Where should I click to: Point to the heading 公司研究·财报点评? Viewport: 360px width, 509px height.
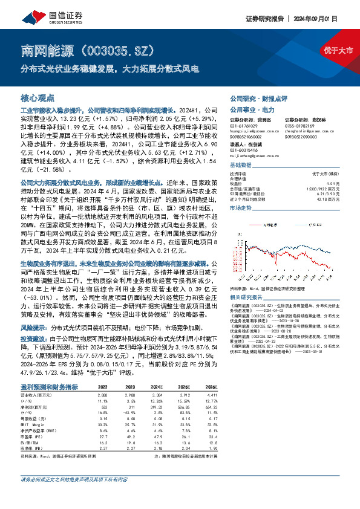click(x=258, y=98)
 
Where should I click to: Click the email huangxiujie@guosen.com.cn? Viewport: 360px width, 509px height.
click(x=254, y=130)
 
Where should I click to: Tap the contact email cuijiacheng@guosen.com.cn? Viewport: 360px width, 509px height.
click(x=254, y=155)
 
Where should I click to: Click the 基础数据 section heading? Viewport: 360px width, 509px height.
click(x=241, y=165)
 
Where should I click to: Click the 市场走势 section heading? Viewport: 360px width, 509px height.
click(x=241, y=207)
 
